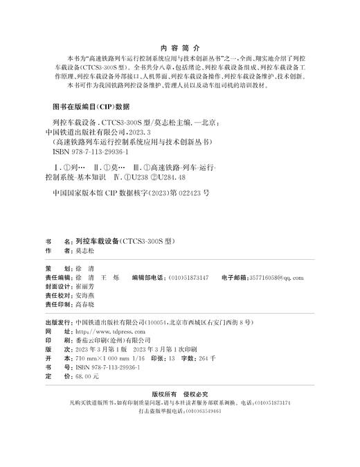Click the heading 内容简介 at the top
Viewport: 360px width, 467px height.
coord(179,49)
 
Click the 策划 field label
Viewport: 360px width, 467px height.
coord(53,268)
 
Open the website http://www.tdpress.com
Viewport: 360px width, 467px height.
coord(103,332)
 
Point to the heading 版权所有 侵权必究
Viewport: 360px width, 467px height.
coord(179,392)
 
